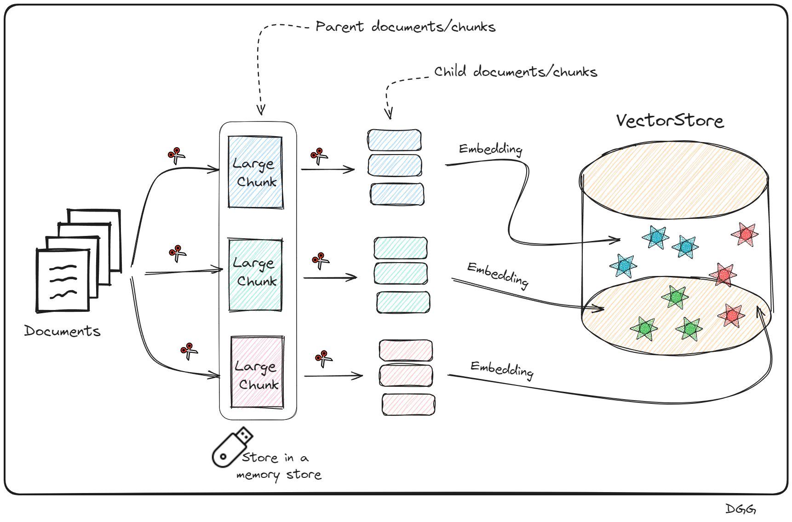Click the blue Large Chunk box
tap(255, 172)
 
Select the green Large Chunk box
tap(255, 275)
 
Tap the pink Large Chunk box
tap(257, 373)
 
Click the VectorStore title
tap(670, 120)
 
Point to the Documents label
tap(62, 331)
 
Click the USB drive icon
tap(231, 447)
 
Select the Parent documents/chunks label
tap(405, 27)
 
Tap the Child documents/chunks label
tap(516, 72)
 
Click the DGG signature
tap(740, 509)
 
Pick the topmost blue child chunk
tap(394, 140)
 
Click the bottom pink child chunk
tap(408, 405)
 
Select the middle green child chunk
tap(401, 274)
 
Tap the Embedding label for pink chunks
tap(502, 369)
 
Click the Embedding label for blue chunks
tap(491, 149)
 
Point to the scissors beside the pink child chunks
tap(323, 358)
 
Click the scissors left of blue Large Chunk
tap(176, 155)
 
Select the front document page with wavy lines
tap(63, 281)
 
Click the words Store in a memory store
tap(279, 466)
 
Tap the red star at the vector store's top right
tap(745, 234)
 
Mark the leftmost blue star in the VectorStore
tap(623, 266)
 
